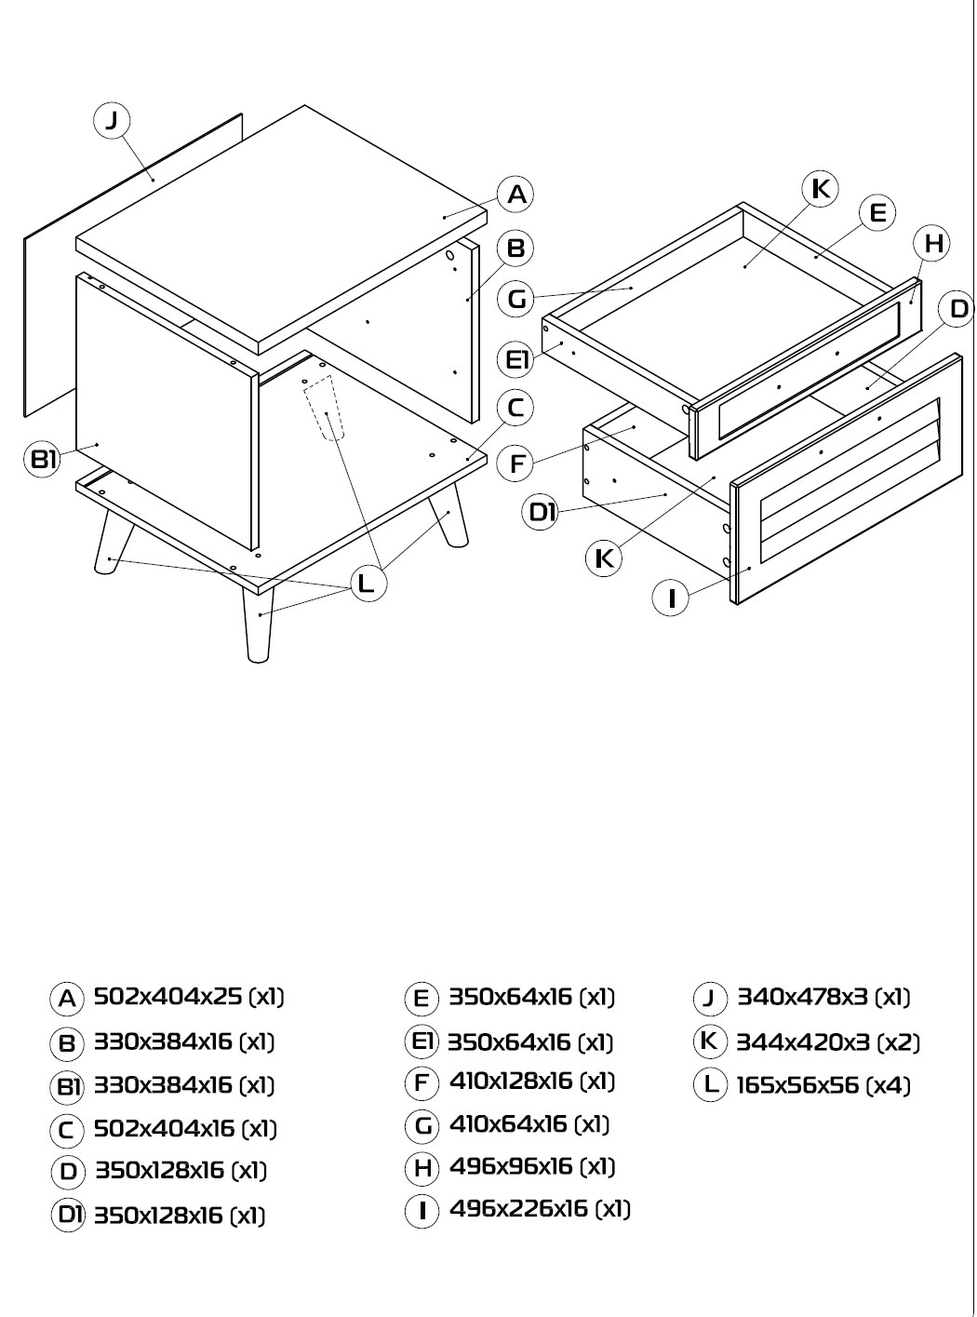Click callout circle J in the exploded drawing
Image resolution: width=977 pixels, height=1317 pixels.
tap(112, 121)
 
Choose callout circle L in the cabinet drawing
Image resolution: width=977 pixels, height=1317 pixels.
tap(368, 584)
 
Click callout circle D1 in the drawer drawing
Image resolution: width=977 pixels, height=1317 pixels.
tap(540, 511)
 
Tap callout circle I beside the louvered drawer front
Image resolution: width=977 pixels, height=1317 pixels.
tap(671, 598)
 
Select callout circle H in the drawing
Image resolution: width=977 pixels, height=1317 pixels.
tap(931, 244)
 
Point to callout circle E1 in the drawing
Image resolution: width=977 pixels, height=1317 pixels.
tap(516, 359)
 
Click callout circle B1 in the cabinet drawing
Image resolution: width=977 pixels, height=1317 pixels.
tap(43, 459)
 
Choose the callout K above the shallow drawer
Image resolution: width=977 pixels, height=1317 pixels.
tap(820, 189)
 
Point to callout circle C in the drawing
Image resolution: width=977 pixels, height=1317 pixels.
tap(515, 408)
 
